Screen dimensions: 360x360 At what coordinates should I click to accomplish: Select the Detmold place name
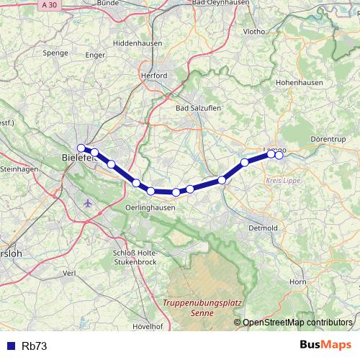tap(263, 228)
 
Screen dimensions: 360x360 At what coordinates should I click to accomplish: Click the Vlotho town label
tap(255, 32)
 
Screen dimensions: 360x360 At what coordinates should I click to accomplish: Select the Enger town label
tap(95, 55)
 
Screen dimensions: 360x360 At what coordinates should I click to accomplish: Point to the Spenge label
tap(55, 53)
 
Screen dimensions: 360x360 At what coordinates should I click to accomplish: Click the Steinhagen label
tap(19, 168)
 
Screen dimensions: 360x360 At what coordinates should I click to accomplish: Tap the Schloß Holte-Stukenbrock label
tap(135, 257)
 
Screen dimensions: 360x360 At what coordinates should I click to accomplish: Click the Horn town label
tap(297, 282)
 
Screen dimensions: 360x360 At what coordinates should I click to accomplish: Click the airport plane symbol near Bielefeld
tap(89, 202)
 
